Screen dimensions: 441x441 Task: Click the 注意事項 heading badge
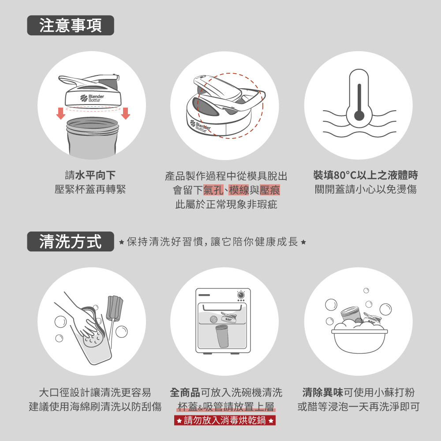[x=70, y=25]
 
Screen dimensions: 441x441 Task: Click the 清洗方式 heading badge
[x=70, y=241]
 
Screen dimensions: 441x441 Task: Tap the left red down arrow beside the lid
[x=61, y=113]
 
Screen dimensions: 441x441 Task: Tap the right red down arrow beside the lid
[x=125, y=113]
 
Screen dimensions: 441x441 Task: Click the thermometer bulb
[x=359, y=115]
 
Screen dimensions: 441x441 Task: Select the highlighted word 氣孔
[x=213, y=190]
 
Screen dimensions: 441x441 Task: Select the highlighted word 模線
[x=239, y=190]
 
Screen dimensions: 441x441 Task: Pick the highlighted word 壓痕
[x=270, y=190]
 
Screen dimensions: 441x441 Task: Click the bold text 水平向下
[x=95, y=175]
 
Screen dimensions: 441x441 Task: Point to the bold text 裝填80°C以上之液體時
[x=366, y=175]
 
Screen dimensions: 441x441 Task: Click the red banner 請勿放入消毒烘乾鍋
[x=225, y=420]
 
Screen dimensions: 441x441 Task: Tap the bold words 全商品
[x=185, y=392]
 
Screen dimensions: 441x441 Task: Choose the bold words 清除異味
[x=323, y=392]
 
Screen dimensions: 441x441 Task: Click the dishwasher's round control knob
[x=241, y=295]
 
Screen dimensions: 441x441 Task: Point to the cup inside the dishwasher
[x=222, y=336]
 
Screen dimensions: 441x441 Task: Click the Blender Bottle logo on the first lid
[x=92, y=98]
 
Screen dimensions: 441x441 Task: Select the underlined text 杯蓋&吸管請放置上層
[x=226, y=407]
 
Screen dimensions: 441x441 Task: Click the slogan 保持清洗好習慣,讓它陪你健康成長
[x=213, y=242]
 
